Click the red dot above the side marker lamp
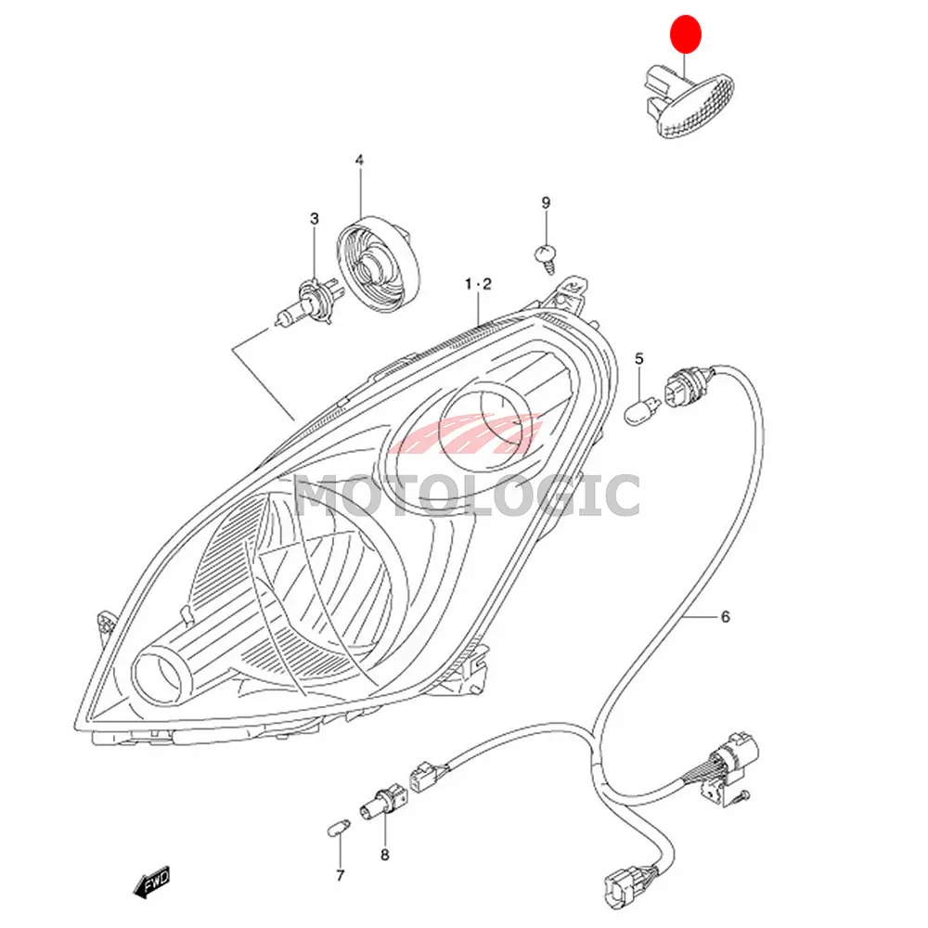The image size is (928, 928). tap(686, 34)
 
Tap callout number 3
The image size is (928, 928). tap(315, 219)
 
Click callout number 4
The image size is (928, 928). tap(359, 161)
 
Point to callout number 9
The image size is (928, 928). tap(546, 203)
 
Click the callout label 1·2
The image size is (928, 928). tap(478, 284)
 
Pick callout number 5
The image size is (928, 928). tap(638, 358)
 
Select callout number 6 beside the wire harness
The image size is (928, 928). tap(726, 617)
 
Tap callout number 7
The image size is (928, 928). tap(340, 875)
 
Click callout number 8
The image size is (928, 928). tap(385, 855)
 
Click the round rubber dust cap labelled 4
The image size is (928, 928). tap(379, 264)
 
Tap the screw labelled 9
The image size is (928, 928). tap(547, 257)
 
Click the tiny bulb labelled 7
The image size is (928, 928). tap(339, 827)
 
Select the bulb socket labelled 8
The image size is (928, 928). tap(383, 802)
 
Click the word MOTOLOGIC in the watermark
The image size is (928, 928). tap(468, 496)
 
